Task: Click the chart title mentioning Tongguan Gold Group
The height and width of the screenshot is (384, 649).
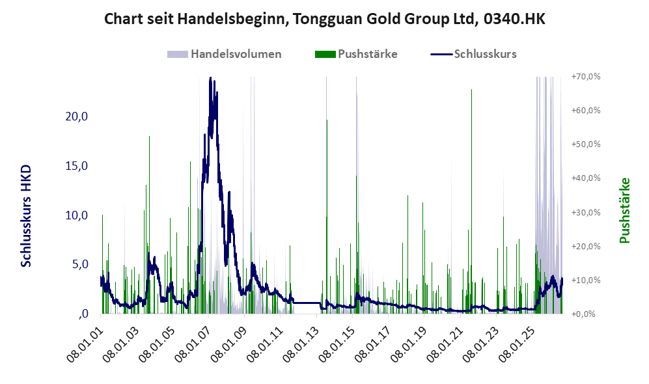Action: (x=324, y=19)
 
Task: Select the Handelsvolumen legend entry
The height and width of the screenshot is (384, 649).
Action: (x=225, y=54)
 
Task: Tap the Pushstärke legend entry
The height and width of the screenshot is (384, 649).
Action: (x=356, y=54)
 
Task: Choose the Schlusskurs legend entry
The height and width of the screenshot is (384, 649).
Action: (x=473, y=54)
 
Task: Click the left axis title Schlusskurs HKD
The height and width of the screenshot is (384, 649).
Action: (x=26, y=216)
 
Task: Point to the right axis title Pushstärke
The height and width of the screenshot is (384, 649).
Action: (x=624, y=210)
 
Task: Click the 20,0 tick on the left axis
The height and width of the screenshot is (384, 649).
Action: (x=77, y=117)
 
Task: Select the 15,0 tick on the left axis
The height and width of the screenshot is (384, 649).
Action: (x=77, y=165)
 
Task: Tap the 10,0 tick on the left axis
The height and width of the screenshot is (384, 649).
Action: (x=77, y=215)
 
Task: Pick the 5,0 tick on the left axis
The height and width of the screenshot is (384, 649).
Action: (x=80, y=264)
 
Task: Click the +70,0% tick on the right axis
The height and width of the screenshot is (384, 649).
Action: (x=586, y=77)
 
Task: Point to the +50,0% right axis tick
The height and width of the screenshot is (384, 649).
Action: (x=586, y=144)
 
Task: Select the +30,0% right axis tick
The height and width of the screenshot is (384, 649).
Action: (x=586, y=212)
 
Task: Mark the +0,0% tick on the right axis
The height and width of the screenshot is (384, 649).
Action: (x=586, y=314)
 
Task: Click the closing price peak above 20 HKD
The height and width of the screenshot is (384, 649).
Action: (x=211, y=78)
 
